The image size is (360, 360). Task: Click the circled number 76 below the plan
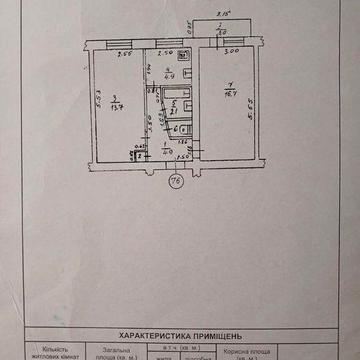[177, 180]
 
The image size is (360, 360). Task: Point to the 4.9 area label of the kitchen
[170, 74]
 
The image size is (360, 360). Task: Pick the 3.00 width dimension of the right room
[231, 52]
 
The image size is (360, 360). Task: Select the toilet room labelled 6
[177, 128]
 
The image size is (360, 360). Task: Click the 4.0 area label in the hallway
[165, 151]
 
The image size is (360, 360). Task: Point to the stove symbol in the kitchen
[146, 70]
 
